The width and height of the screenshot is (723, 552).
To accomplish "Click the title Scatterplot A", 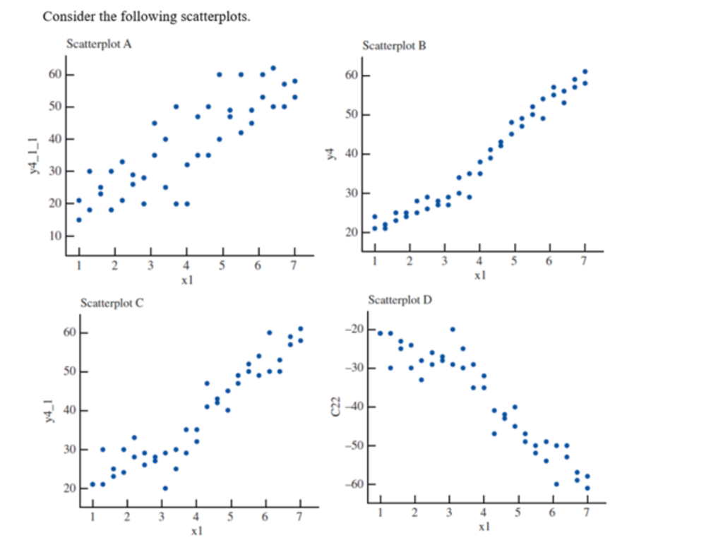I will pos(99,44).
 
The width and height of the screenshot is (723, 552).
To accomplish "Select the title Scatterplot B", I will pos(394,46).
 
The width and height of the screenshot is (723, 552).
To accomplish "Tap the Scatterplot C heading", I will pos(112,304).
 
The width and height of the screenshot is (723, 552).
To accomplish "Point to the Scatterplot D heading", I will pos(400,301).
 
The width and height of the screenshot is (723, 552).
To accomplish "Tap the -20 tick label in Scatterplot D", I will pos(352,330).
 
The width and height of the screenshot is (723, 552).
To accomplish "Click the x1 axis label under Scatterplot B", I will pos(479,276).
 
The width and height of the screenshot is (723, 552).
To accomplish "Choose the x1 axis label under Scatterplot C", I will pos(196,530).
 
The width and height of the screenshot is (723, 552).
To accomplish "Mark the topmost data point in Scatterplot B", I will pos(585,71).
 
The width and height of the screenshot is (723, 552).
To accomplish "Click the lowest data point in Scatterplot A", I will pos(78,220).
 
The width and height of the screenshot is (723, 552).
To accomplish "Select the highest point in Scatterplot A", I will pos(273,68).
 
